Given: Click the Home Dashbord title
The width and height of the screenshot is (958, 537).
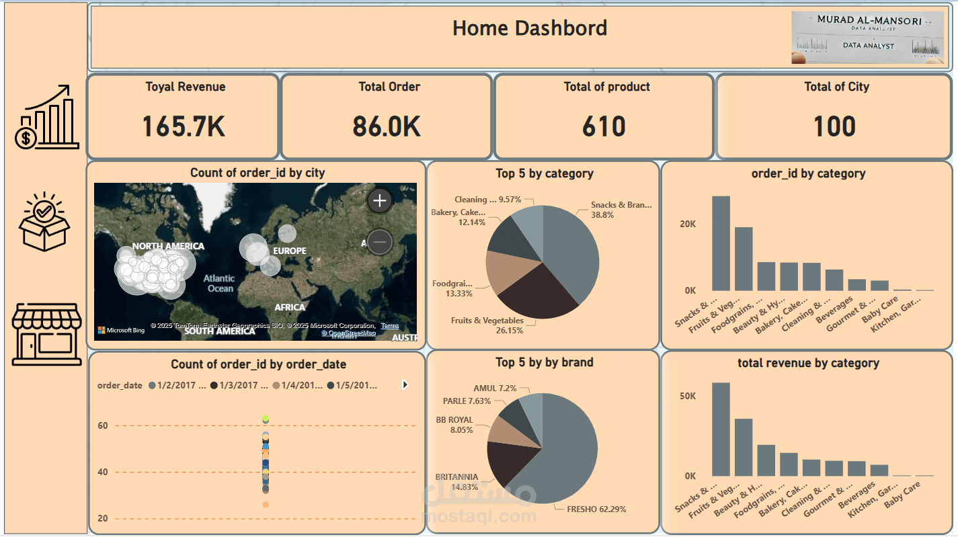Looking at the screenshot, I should pyautogui.click(x=530, y=28).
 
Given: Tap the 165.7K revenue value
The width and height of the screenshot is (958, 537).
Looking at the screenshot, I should pyautogui.click(x=184, y=126).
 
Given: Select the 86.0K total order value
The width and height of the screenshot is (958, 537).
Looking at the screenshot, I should pyautogui.click(x=387, y=126).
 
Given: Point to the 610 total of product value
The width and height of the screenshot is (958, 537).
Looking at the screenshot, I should pyautogui.click(x=604, y=126).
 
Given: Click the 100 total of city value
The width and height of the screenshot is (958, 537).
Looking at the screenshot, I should pyautogui.click(x=835, y=126).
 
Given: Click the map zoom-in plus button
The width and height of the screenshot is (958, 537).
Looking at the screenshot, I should pyautogui.click(x=380, y=200).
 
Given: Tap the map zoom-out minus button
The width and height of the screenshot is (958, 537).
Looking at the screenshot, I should pyautogui.click(x=380, y=241).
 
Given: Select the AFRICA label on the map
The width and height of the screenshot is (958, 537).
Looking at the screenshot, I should pyautogui.click(x=290, y=307).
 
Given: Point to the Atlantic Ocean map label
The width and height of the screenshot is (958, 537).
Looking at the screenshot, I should pyautogui.click(x=220, y=283).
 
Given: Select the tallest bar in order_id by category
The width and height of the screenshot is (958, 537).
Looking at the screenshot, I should pyautogui.click(x=721, y=242).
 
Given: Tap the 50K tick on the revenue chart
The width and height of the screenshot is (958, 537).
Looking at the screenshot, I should pyautogui.click(x=687, y=397).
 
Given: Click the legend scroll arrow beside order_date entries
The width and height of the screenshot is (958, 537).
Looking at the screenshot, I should pyautogui.click(x=405, y=385).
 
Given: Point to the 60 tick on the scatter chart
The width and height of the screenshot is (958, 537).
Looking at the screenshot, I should pyautogui.click(x=103, y=425).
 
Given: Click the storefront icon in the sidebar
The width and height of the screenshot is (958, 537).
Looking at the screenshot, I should pyautogui.click(x=46, y=333).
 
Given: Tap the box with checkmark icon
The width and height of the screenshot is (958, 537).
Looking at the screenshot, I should pyautogui.click(x=44, y=221).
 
